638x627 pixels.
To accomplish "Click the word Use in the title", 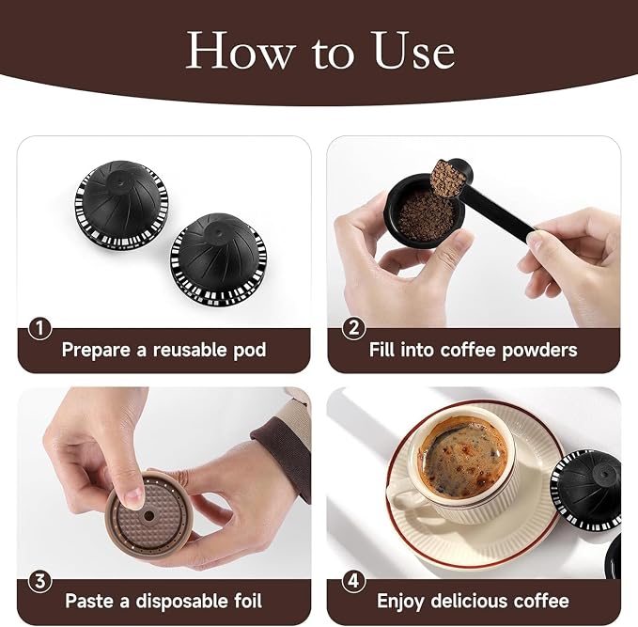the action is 413,51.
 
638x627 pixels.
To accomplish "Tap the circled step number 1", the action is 39,329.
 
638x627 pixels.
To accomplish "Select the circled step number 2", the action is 353,328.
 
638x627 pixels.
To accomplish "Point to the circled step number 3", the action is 39,581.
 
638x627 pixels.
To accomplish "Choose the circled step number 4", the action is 353,581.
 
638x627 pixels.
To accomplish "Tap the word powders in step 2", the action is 539,350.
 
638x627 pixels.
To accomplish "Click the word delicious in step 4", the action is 472,601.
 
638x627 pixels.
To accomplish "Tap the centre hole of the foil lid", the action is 149,516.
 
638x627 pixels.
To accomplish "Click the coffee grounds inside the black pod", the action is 426,215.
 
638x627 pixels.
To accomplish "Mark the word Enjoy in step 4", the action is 400,602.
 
